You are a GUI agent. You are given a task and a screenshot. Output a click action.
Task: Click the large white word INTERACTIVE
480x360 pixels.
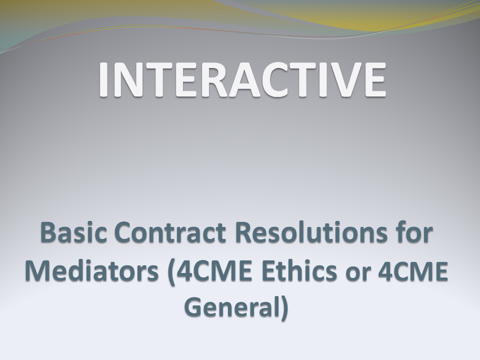click(x=242, y=79)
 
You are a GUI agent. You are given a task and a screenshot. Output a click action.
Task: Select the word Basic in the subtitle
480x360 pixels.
click(x=73, y=232)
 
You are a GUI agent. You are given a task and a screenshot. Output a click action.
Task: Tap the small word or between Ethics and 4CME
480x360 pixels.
click(x=358, y=273)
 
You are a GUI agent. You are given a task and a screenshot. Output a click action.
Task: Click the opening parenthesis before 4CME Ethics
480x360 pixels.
click(x=171, y=272)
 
